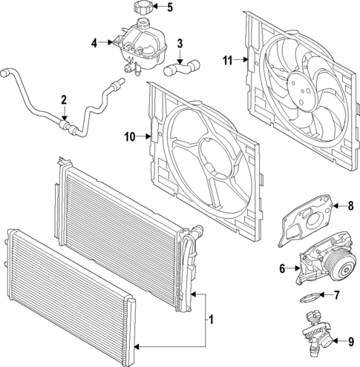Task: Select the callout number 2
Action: [64, 99]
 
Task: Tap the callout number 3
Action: [179, 43]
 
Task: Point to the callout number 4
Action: [94, 43]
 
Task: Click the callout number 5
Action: [169, 8]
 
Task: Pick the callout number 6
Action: [282, 268]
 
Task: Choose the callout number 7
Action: [336, 297]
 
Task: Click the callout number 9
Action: [351, 342]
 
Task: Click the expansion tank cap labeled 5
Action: [142, 9]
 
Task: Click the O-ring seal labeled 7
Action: [312, 297]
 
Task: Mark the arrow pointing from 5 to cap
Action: [157, 9]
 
